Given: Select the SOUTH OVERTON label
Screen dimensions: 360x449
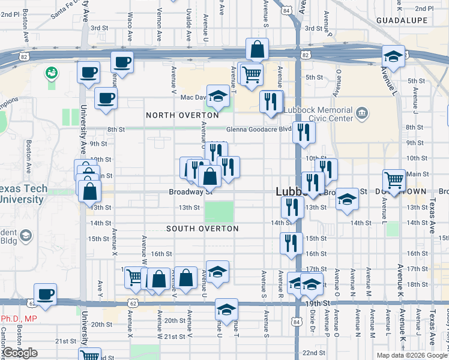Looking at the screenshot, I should click(x=203, y=229).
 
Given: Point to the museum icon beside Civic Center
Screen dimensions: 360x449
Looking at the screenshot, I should click(x=362, y=112).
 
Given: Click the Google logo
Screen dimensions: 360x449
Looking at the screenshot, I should click(x=20, y=353).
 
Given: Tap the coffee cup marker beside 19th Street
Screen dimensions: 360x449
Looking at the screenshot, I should click(x=46, y=294).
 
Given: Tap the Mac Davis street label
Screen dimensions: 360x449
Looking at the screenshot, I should click(x=193, y=97).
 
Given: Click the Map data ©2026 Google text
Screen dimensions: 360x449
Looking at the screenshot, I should click(x=412, y=355).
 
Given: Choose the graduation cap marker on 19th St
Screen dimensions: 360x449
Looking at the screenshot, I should click(x=225, y=310).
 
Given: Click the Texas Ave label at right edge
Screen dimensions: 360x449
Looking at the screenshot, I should click(x=432, y=216).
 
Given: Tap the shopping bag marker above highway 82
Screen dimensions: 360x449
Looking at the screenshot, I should click(x=257, y=50).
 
